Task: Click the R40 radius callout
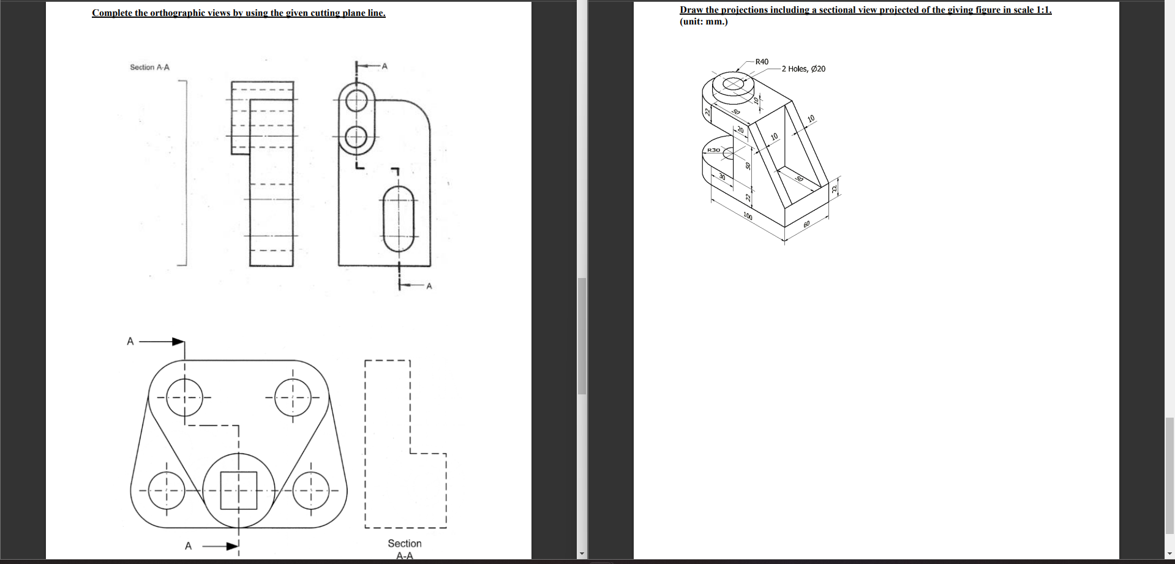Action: [762, 62]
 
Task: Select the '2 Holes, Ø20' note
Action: [803, 69]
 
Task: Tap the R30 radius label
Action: [713, 150]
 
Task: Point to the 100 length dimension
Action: [748, 216]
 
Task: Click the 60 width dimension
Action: [806, 224]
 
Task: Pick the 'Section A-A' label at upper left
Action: [149, 67]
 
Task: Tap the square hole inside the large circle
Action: [239, 491]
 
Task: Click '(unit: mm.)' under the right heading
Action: [704, 21]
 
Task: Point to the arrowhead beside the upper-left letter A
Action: [178, 341]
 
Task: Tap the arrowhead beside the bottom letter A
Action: [232, 546]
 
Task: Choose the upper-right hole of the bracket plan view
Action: [293, 397]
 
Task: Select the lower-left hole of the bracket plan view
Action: [165, 491]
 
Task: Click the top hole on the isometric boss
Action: [734, 83]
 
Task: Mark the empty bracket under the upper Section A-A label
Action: [183, 173]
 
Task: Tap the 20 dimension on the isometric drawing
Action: [740, 130]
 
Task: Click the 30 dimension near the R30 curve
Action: [722, 176]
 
